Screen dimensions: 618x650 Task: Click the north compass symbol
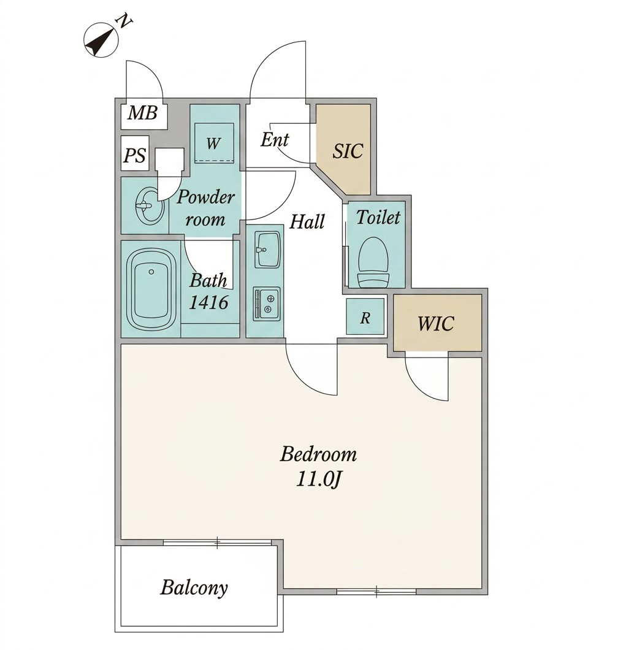point(102,40)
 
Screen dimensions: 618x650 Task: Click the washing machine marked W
point(215,143)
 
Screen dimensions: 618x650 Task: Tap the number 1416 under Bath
point(209,302)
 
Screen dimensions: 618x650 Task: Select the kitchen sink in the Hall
point(268,250)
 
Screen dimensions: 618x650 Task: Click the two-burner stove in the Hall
point(267,304)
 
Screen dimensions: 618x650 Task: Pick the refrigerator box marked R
point(365,317)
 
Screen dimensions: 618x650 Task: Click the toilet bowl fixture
point(373,262)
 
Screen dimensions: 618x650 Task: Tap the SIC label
point(348,151)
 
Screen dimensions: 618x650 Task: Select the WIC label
point(436,323)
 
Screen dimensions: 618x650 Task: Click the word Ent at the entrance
point(275,140)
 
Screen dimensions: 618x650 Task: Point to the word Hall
point(307,222)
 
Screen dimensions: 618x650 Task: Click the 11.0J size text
point(318,480)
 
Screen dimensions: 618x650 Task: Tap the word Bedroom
point(318,454)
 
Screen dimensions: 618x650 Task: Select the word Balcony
point(194,588)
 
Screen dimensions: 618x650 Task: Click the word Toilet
point(378,218)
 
